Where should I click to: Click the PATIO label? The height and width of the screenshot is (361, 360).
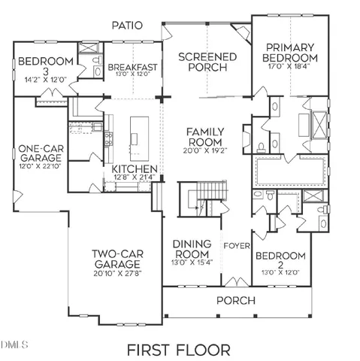128,26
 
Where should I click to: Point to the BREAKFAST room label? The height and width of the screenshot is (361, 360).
132,68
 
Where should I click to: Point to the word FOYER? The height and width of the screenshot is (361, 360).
237,245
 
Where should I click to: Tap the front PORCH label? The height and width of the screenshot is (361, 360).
235,301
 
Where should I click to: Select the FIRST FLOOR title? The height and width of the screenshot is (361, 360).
178,350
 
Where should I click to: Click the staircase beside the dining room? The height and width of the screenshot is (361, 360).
201,202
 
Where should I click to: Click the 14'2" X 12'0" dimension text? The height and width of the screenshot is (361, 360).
46,78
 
